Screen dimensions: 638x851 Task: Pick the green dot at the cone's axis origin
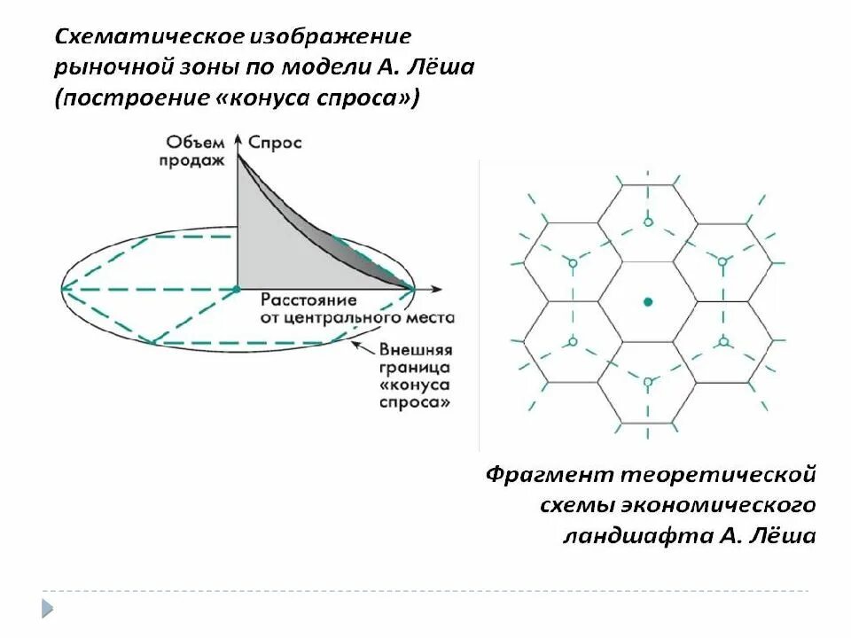237,288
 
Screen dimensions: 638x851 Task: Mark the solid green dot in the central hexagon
648,302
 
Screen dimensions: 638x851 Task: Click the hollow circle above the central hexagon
648,222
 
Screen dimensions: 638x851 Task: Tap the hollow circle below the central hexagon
648,382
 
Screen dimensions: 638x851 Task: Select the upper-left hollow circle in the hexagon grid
573,263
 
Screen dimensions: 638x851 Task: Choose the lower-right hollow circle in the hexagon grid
723,342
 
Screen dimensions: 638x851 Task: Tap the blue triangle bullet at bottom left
47,608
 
